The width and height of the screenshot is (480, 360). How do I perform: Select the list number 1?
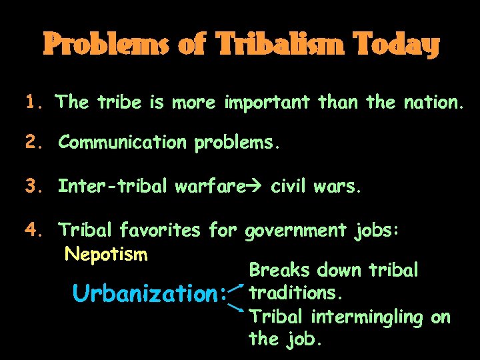[33, 102]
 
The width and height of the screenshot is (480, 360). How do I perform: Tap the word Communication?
[123, 142]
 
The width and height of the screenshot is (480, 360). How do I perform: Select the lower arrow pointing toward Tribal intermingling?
[236, 308]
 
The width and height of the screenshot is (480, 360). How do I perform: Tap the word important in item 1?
[267, 102]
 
